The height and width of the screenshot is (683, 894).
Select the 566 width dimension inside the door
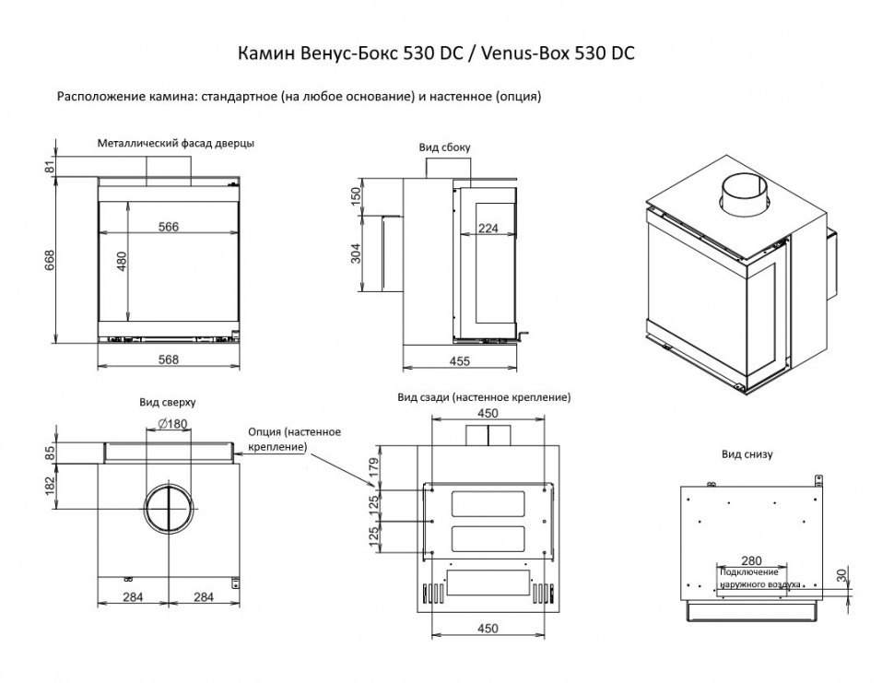pos(167,228)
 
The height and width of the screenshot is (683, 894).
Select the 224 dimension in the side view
pos(488,229)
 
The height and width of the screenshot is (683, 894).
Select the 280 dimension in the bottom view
pos(751,559)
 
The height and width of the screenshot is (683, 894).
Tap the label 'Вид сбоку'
pos(446,147)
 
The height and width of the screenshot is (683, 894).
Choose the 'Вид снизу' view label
pos(747,454)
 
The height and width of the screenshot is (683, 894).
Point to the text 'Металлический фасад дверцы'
pos(176,143)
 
